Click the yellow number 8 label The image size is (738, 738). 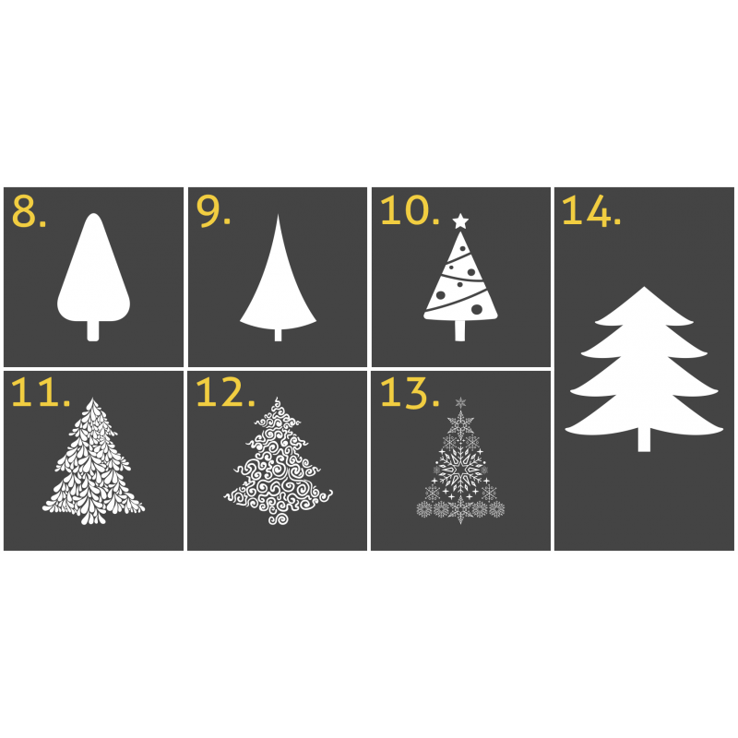coord(29,211)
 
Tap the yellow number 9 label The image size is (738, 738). coord(213,211)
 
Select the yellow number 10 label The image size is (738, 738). coord(410,210)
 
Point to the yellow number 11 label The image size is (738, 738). coord(40,392)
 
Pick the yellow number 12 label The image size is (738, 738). coord(225,392)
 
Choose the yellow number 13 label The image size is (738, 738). coord(410,392)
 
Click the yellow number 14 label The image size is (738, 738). coord(591,210)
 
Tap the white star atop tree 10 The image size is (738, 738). coord(460,220)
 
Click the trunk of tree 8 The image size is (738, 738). coord(93,330)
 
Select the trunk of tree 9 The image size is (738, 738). coord(279,335)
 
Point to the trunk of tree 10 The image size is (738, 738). coord(459,330)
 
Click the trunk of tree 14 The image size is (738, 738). coord(644,440)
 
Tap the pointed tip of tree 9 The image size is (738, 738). coord(279,216)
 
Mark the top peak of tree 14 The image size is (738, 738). coord(644,287)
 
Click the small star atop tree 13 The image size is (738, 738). coord(460,402)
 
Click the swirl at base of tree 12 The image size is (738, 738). coord(279,518)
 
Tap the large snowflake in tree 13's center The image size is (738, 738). coord(460,470)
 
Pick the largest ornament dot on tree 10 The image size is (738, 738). coord(476,309)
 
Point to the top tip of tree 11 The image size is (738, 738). coord(92,399)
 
